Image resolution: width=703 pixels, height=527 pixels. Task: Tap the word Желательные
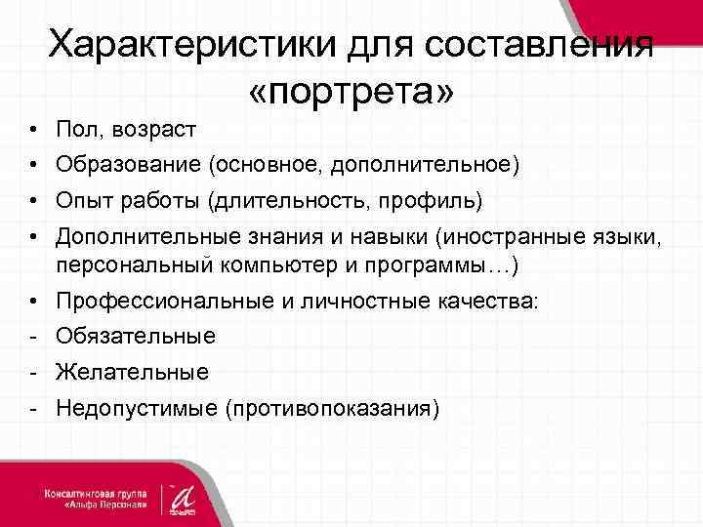(x=132, y=372)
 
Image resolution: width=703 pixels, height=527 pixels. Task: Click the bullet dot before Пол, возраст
(x=33, y=130)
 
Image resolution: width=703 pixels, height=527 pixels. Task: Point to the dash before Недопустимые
(x=33, y=408)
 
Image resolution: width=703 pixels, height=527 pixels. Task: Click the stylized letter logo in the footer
(x=183, y=495)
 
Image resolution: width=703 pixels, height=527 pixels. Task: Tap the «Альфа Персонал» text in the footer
(x=108, y=505)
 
